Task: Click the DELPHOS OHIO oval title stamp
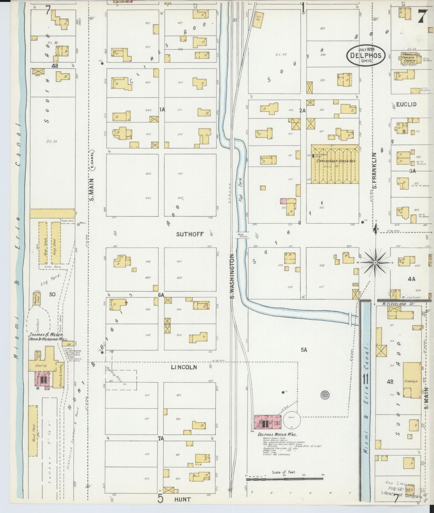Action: click(x=366, y=55)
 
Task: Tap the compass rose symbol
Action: click(x=375, y=262)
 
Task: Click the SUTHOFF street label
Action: click(x=190, y=234)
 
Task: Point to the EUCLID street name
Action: click(x=406, y=104)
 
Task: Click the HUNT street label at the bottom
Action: click(x=182, y=499)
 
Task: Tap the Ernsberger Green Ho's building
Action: click(x=335, y=164)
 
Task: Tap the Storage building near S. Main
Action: click(x=411, y=381)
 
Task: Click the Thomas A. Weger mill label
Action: click(x=46, y=337)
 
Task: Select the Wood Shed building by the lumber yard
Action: click(x=33, y=431)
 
